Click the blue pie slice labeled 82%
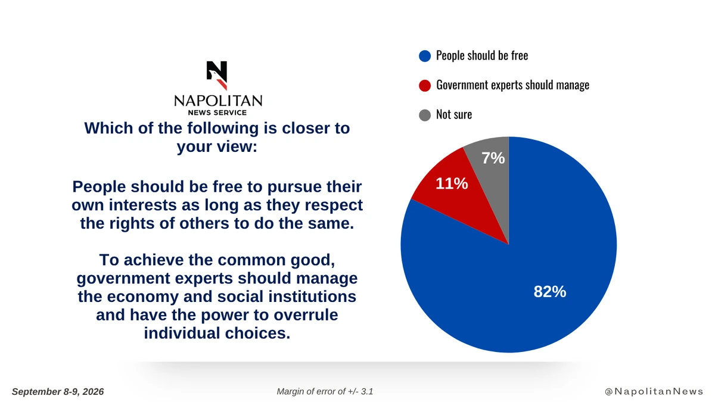pos(543,271)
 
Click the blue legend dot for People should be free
pos(425,56)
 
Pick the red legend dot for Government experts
pos(425,86)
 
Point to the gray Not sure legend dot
pos(425,115)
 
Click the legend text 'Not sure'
pos(454,114)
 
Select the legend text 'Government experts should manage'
pos(512,85)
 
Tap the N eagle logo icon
pos(217,75)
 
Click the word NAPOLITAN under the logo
pos(218,101)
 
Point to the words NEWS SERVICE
pos(217,113)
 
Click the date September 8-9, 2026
pos(58,392)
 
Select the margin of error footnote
pos(325,391)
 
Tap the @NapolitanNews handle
pos(654,391)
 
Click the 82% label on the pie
pos(550,292)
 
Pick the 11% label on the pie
pos(452,183)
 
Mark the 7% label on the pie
pos(493,158)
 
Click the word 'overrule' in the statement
pos(306,315)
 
